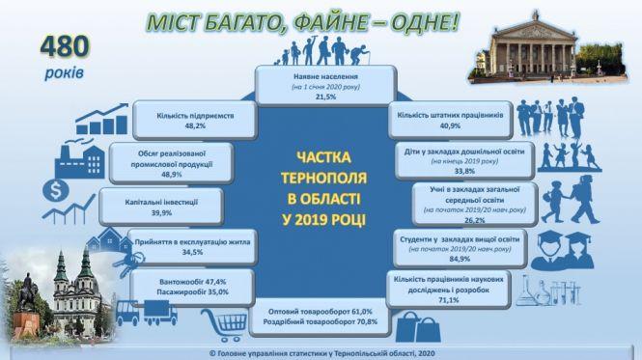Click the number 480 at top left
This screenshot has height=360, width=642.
tap(63, 45)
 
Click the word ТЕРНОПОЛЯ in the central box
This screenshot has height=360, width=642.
tap(324, 180)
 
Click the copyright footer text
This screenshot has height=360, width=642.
tap(321, 353)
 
